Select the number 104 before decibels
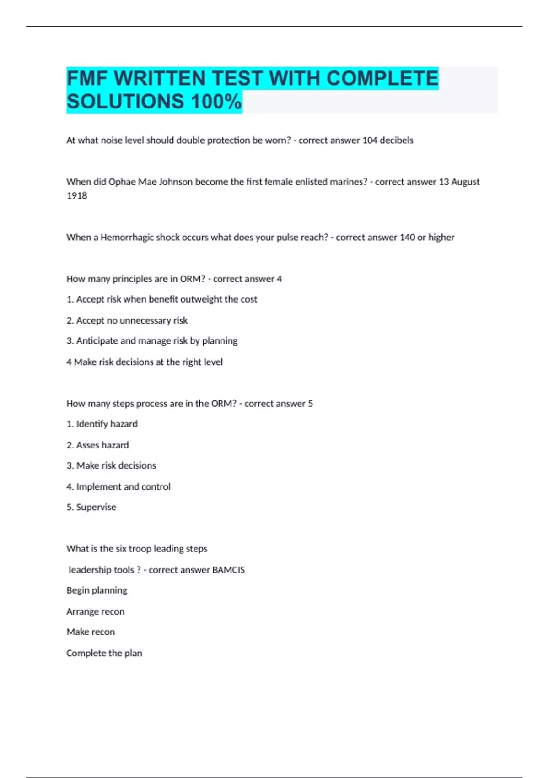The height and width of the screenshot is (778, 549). [370, 140]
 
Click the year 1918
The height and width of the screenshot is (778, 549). [76, 195]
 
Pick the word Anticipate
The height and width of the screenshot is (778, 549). [97, 340]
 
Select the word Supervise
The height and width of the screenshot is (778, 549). [96, 507]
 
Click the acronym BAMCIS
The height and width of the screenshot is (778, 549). [228, 570]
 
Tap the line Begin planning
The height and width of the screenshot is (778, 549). [97, 590]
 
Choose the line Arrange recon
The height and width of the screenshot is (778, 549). [95, 611]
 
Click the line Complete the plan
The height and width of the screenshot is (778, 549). [104, 653]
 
